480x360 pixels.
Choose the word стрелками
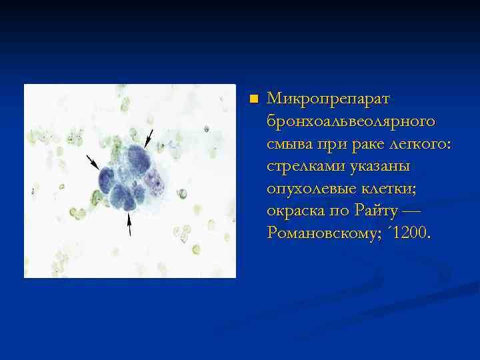coord(306,166)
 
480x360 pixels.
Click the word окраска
coord(297,211)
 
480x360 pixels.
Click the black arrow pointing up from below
coord(129,224)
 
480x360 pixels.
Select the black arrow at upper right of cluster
coord(149,138)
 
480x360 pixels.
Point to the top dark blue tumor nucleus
coord(137,158)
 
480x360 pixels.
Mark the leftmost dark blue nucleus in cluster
coord(107,179)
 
